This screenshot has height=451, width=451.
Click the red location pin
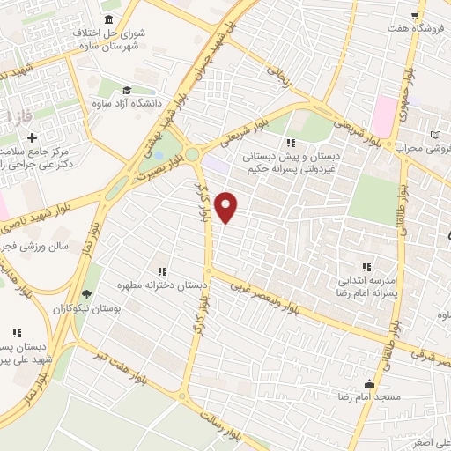pyautogui.click(x=227, y=207)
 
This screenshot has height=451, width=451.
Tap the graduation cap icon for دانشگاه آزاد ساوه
pyautogui.click(x=127, y=90)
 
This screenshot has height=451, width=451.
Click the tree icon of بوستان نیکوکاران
pyautogui.click(x=85, y=295)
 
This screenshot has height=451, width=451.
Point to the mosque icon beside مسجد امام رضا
pyautogui.click(x=370, y=384)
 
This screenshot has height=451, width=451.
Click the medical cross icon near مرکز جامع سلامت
pyautogui.click(x=33, y=138)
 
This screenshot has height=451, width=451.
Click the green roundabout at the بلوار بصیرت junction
pyautogui.click(x=192, y=154)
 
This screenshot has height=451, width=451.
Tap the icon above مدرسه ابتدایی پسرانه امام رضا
pyautogui.click(x=366, y=267)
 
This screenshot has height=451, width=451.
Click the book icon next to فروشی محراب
pyautogui.click(x=435, y=134)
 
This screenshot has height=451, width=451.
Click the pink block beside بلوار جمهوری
pyautogui.click(x=385, y=114)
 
